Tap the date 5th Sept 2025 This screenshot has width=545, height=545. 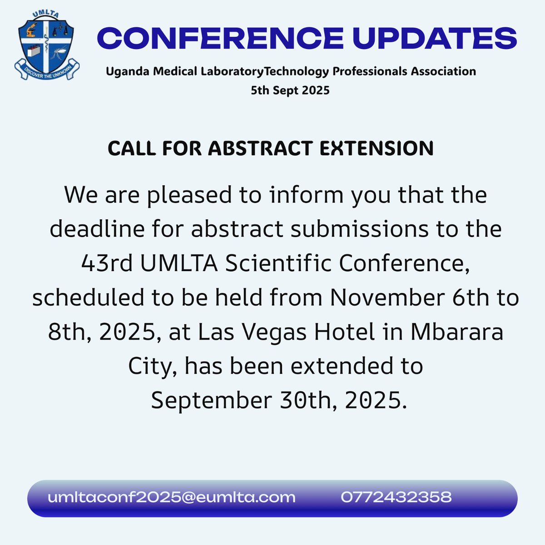tap(290, 90)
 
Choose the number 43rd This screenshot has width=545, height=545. tap(107, 263)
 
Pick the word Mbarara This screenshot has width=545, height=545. tap(457, 332)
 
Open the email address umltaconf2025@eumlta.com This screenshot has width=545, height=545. tap(172, 497)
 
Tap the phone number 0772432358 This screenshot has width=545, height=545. tap(396, 497)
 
